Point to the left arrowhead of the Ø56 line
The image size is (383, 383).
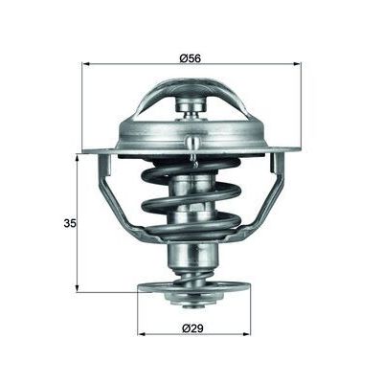[84, 64]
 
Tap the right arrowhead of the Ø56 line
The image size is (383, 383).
[300, 64]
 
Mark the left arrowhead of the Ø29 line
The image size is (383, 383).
[142, 333]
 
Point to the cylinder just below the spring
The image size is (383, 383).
[192, 256]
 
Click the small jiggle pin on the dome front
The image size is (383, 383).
[194, 146]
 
